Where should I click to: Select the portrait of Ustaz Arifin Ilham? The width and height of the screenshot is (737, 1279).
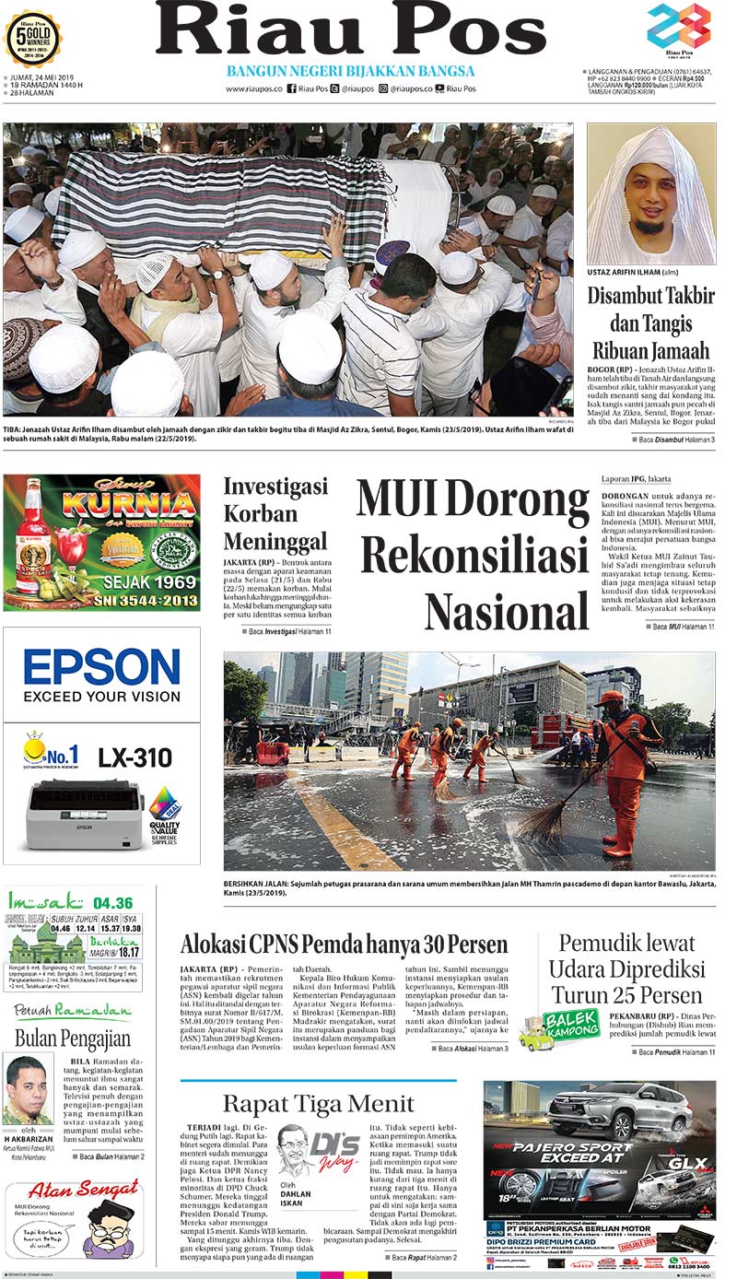coord(651,194)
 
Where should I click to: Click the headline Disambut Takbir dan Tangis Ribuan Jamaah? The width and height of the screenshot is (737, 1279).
coord(651,323)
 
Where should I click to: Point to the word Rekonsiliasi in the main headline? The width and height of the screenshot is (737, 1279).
coord(474,557)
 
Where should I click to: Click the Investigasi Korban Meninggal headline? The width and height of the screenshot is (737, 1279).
coord(275,513)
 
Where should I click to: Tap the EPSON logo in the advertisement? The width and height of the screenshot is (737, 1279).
coord(101,666)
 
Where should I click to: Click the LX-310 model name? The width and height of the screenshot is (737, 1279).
coord(135,757)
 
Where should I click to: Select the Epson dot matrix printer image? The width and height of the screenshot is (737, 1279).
coord(85,814)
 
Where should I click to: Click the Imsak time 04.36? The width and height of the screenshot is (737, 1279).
coord(112,903)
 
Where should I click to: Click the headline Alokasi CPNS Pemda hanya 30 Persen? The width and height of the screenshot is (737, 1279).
coord(345,945)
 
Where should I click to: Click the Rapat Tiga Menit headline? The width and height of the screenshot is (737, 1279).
coord(318,1104)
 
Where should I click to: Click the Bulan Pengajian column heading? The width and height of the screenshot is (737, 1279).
coord(73,1039)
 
